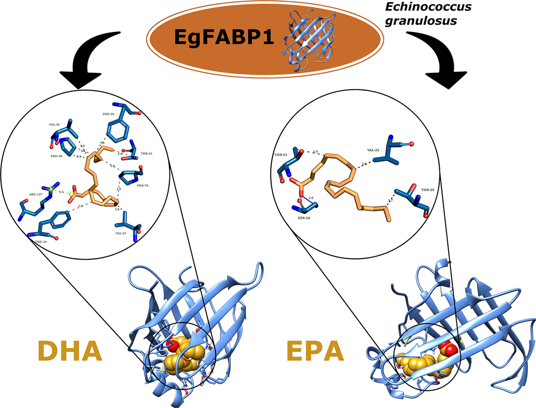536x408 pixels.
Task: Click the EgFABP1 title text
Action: point(224,37)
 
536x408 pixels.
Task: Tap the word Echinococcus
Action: point(428,7)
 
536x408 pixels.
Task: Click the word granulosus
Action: point(421,20)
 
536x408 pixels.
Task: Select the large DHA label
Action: point(70,351)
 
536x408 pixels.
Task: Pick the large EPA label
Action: point(315,351)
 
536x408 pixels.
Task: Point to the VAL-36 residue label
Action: point(54,125)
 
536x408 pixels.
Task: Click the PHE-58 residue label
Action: point(108,114)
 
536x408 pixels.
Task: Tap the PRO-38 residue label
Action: point(56,156)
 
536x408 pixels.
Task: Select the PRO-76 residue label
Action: point(142,185)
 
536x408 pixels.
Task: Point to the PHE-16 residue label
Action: point(41,241)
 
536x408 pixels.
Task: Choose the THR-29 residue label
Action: point(428,190)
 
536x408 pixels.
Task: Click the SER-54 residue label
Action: point(304,218)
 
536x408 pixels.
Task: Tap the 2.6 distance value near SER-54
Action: point(311,198)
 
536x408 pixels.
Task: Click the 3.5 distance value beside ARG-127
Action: point(61,192)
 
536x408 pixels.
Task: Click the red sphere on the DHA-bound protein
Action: point(173,345)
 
